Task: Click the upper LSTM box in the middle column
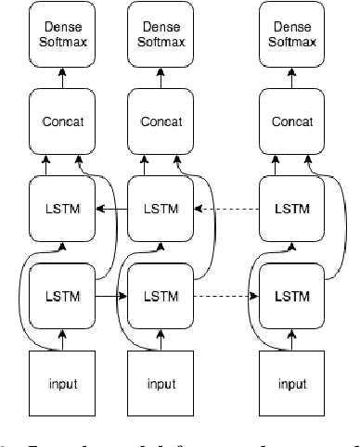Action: click(154, 210)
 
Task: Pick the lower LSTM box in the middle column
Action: click(154, 296)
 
